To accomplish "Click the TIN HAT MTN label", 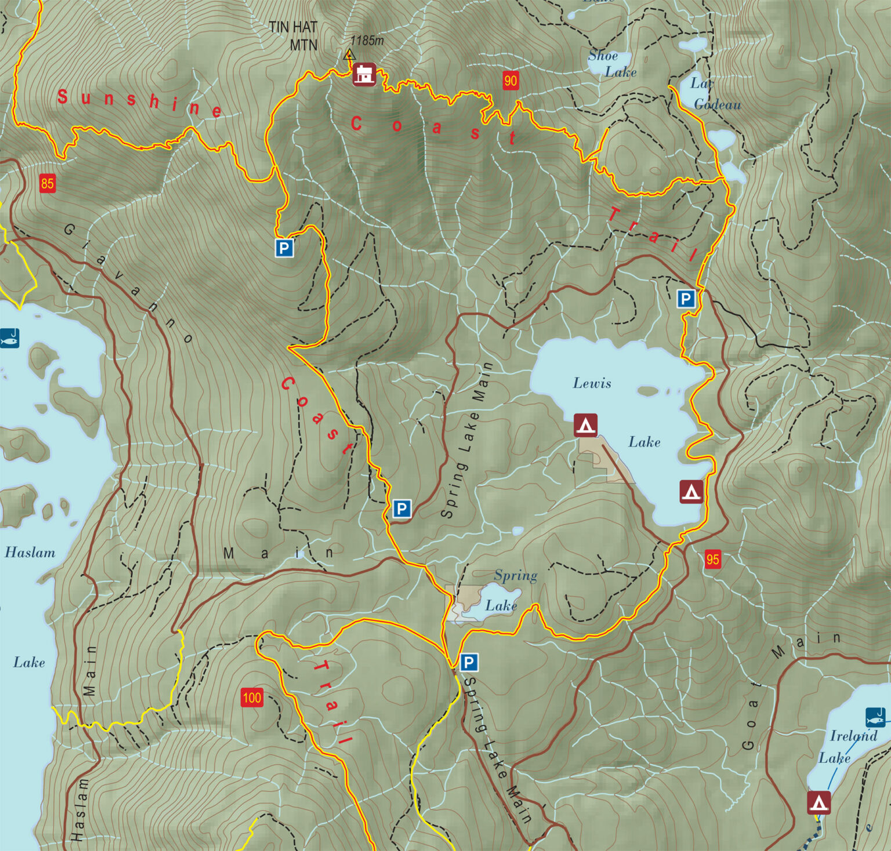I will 293,35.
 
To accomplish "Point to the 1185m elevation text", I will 367,41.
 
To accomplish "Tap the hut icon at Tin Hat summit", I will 364,75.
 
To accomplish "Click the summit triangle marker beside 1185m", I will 349,55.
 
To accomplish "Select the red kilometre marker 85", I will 47,184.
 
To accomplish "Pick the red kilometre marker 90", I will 510,81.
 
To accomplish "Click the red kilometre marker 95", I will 712,559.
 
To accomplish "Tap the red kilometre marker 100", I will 252,697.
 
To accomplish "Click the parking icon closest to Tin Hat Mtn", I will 284,248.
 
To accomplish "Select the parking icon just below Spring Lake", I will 469,662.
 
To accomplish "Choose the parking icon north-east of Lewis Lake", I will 686,299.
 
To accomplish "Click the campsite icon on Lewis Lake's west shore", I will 585,425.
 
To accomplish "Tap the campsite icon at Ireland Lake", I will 818,803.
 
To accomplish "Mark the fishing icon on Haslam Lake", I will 9,338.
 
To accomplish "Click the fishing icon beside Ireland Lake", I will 875,717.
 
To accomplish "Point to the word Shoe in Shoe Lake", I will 603,56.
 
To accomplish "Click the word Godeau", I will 718,104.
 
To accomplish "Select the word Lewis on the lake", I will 592,383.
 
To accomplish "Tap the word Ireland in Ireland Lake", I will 853,736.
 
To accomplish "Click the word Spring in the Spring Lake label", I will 516,575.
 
